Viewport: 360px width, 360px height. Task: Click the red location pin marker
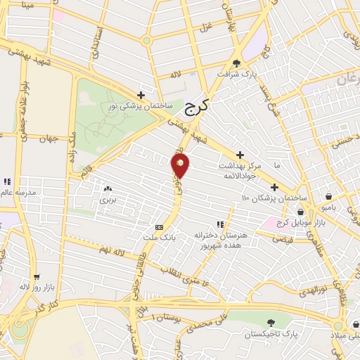tap(181, 165)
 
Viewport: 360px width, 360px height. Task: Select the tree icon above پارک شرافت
tap(237, 60)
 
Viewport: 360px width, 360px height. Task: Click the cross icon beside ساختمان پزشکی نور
tap(141, 95)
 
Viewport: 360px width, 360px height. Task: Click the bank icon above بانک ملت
tap(159, 228)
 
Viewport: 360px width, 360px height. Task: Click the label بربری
tap(107, 200)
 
